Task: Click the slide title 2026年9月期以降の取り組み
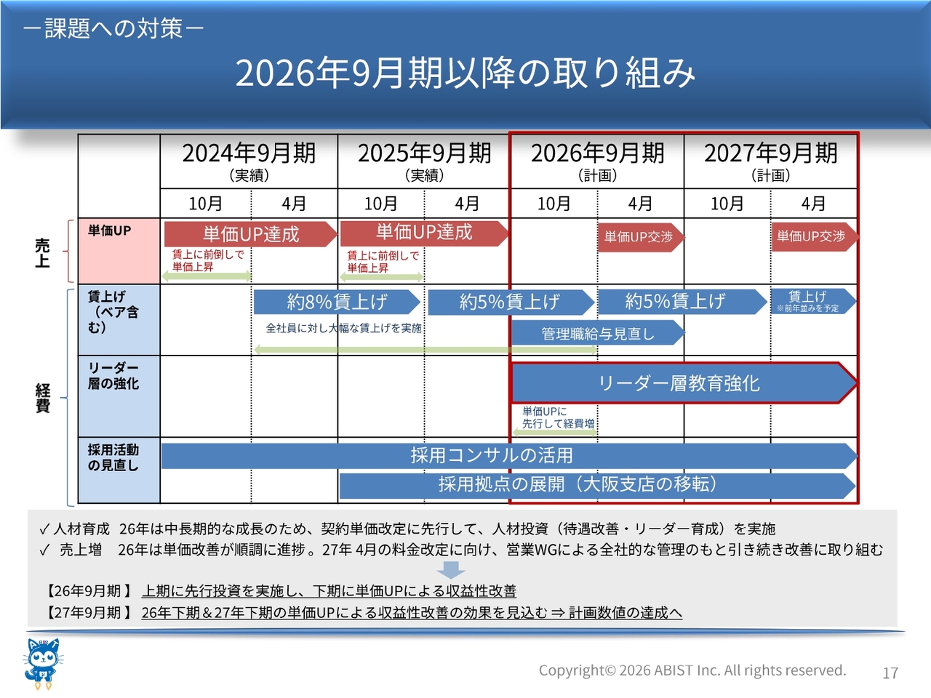[x=465, y=73]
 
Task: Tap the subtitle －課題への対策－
[x=113, y=28]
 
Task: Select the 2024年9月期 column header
[x=249, y=161]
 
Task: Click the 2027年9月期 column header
[x=771, y=161]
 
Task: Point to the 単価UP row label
[x=109, y=230]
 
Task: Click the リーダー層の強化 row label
[x=113, y=375]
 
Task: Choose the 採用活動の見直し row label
[x=113, y=458]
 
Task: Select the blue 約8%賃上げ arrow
[x=337, y=302]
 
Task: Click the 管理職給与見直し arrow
[x=598, y=333]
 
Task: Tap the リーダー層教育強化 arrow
[x=684, y=383]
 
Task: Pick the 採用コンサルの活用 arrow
[x=509, y=456]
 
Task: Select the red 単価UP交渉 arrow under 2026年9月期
[x=641, y=237]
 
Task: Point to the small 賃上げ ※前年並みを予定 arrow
[x=813, y=301]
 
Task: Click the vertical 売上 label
[x=42, y=253]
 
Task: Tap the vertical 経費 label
[x=42, y=398]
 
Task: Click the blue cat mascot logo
[x=42, y=664]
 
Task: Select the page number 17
[x=890, y=673]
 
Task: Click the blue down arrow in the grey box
[x=451, y=570]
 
